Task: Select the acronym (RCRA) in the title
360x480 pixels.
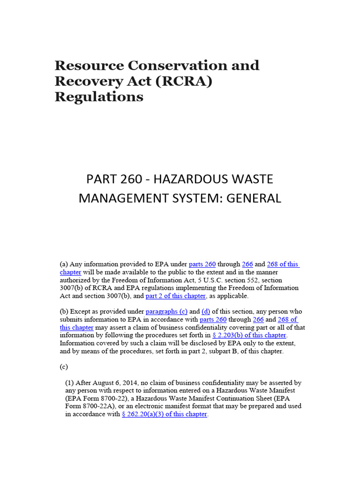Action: click(x=181, y=81)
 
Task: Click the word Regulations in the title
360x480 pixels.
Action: click(x=99, y=97)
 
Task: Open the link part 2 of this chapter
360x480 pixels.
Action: click(x=175, y=296)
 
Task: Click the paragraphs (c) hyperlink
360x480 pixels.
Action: click(x=166, y=311)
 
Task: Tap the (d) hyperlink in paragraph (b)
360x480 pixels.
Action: click(x=206, y=311)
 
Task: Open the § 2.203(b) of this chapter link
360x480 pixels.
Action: click(x=249, y=335)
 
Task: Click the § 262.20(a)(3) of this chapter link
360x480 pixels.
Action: click(x=164, y=414)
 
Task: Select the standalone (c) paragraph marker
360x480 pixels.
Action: click(x=64, y=367)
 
